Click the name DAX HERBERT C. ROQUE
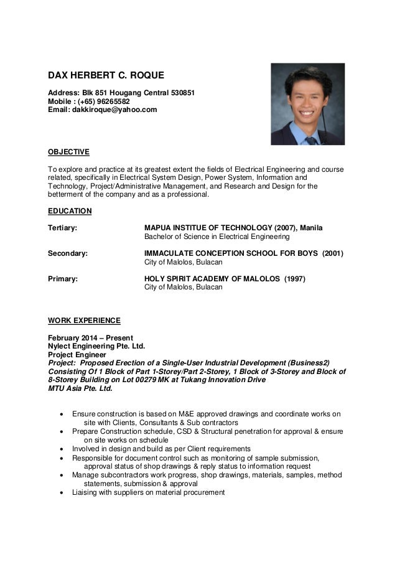click(106, 76)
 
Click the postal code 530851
click(183, 93)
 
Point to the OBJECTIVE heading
click(69, 152)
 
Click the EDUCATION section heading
click(70, 211)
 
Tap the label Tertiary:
click(63, 228)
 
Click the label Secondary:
click(68, 253)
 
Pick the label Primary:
click(63, 278)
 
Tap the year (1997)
click(294, 278)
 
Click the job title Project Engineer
click(78, 355)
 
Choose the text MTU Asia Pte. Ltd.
click(81, 389)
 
